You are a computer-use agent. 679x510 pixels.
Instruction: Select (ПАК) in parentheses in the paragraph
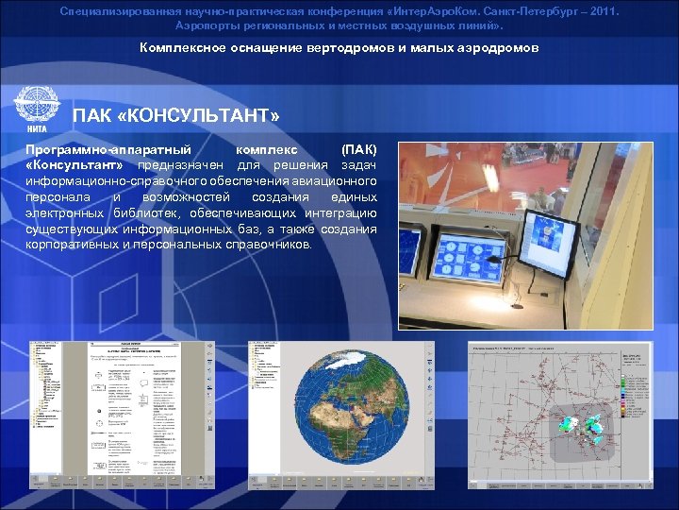(358, 150)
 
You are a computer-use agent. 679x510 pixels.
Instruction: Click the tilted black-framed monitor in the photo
(547, 243)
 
